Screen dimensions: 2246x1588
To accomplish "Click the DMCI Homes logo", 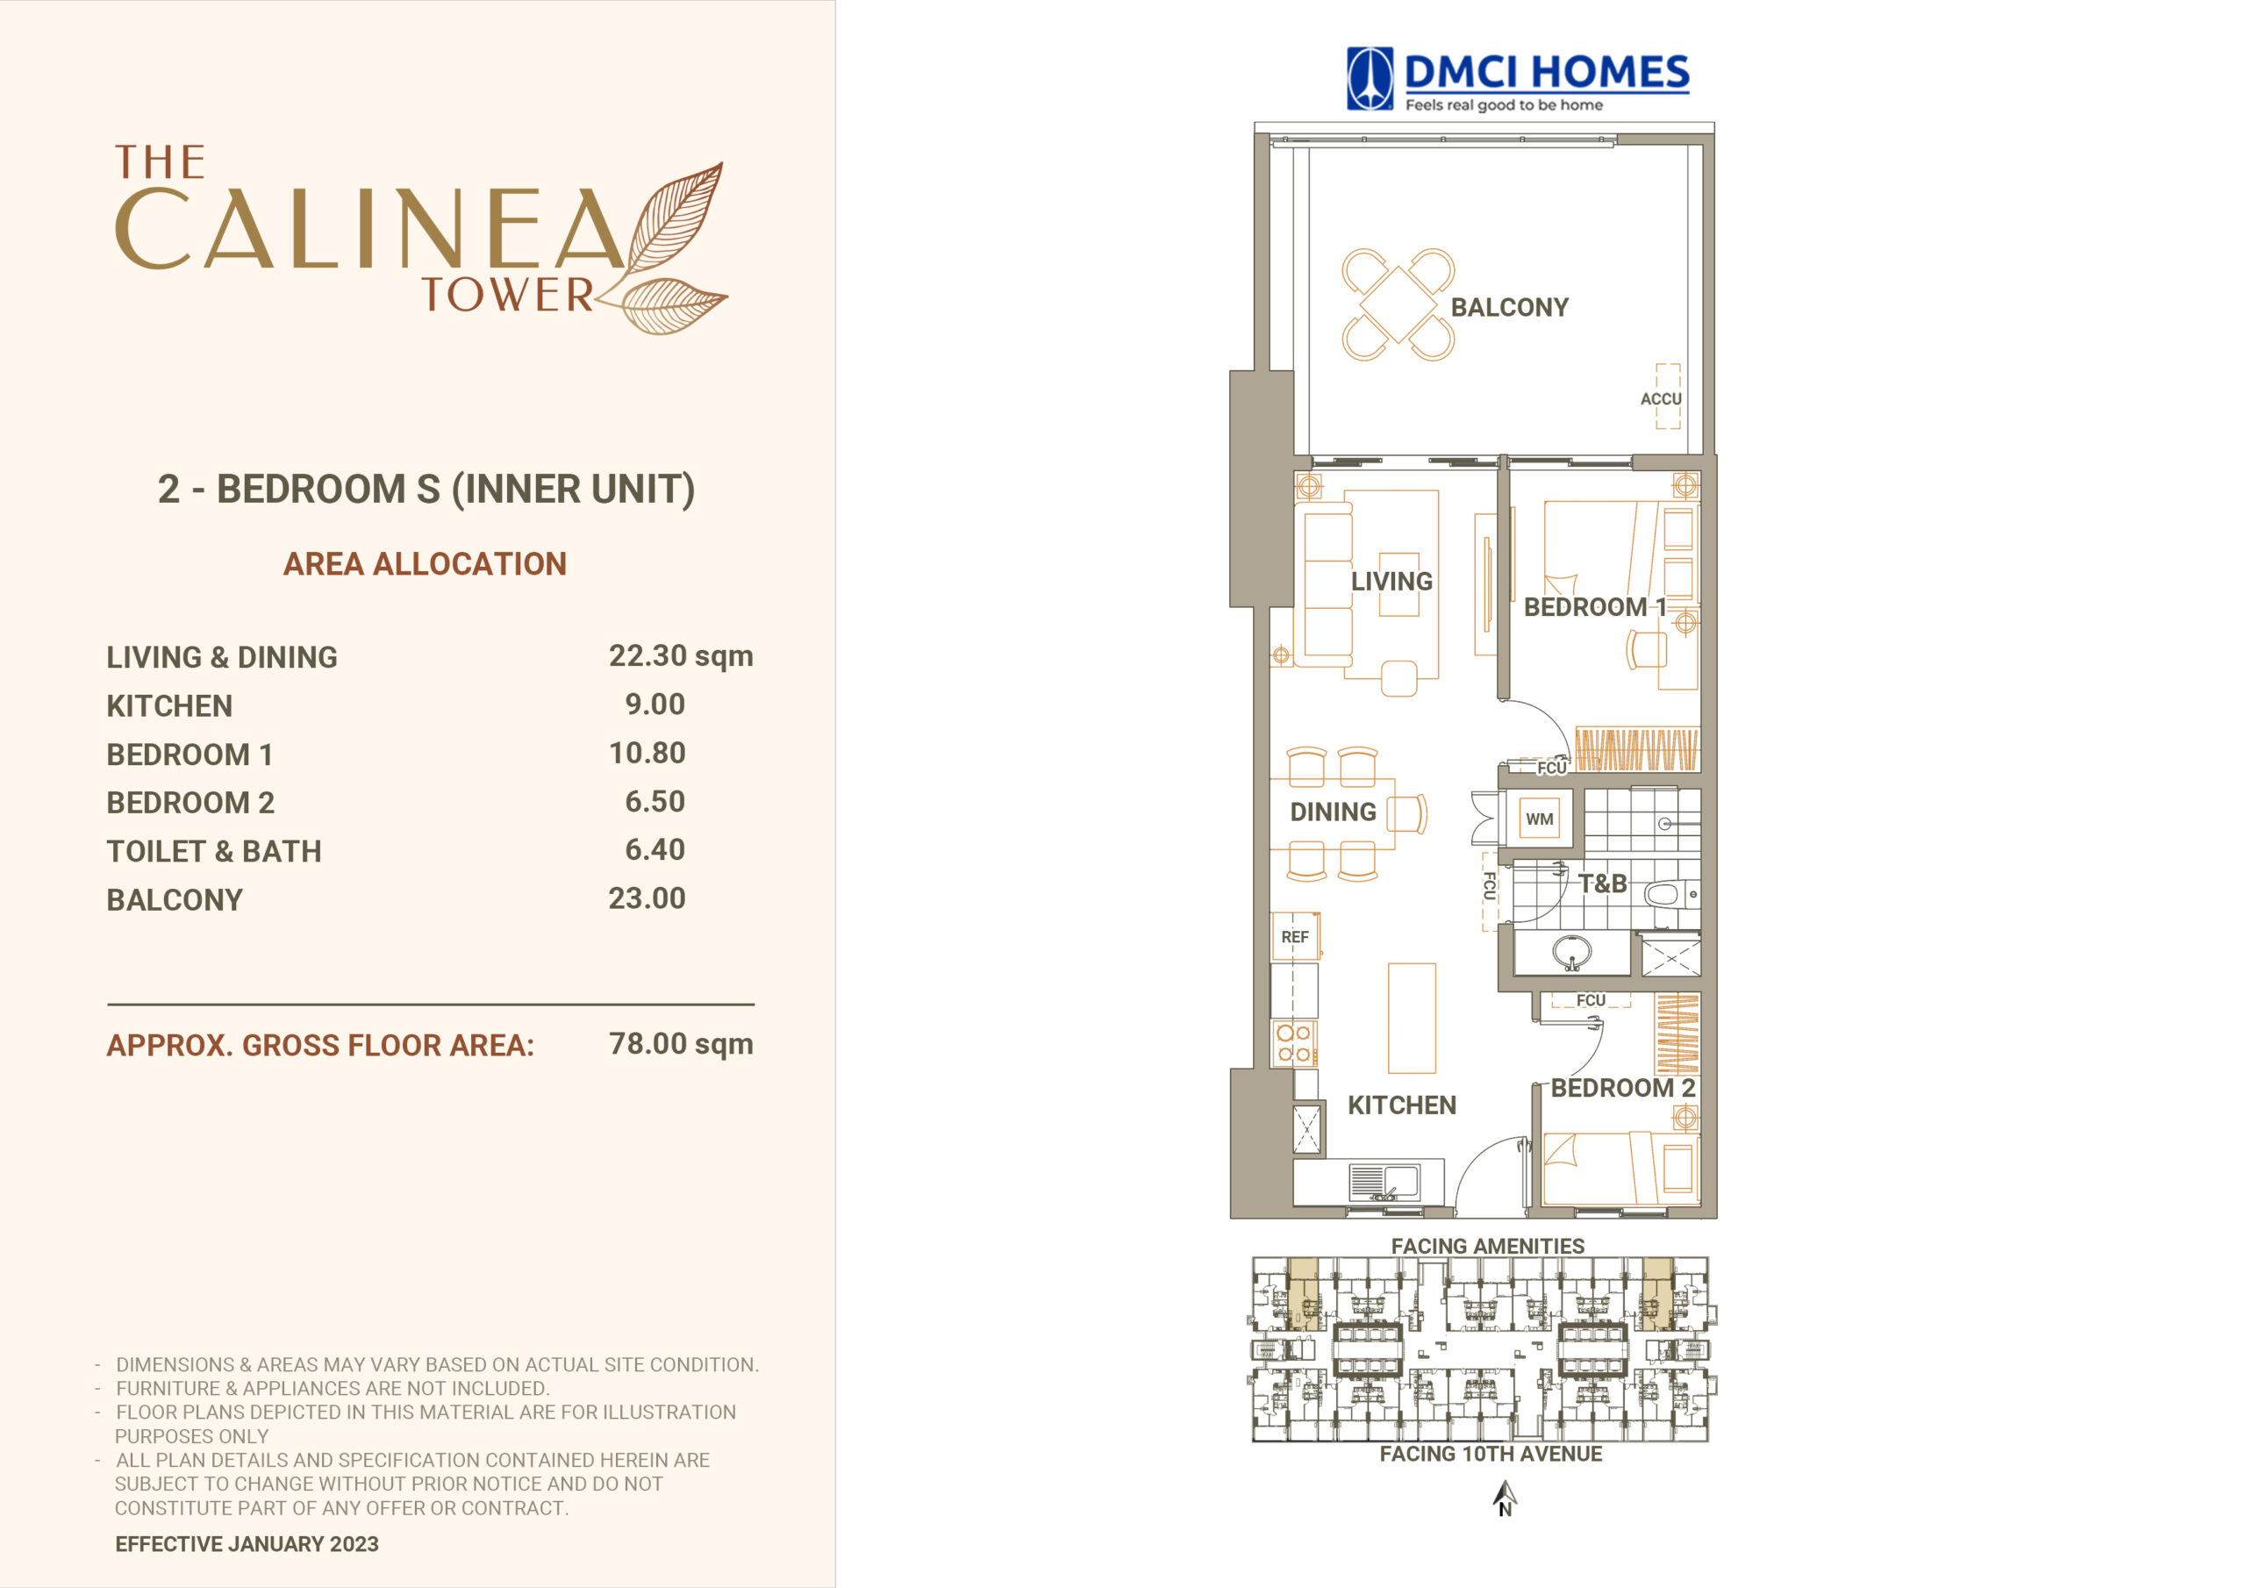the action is (1517, 79).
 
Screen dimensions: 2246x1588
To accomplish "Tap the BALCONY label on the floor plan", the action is (1509, 307).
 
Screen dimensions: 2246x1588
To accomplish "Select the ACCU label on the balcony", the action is (1661, 399).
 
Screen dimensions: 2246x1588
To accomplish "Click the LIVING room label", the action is (1391, 581).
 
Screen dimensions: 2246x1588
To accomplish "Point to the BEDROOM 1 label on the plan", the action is (1594, 606).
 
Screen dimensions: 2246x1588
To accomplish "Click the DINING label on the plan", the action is (1333, 812).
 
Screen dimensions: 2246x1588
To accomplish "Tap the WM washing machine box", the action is (1539, 819).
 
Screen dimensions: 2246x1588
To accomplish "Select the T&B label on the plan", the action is (1602, 883).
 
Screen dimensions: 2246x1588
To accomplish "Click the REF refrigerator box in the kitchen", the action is (1295, 936).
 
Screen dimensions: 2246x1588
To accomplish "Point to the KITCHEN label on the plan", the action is (1402, 1105).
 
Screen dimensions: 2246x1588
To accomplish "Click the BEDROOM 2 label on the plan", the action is (1623, 1088).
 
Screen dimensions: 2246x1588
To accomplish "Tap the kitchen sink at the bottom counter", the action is (1384, 1182).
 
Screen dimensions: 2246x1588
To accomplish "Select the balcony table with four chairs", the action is (1398, 304).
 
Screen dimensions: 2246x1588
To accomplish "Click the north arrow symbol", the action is (1505, 1498).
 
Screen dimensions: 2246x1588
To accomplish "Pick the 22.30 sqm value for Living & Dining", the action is (681, 656).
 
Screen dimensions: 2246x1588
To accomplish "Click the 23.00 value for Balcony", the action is (647, 898).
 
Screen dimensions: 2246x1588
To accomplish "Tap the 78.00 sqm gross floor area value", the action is (681, 1044).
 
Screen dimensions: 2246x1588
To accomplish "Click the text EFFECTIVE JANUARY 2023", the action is (247, 1544).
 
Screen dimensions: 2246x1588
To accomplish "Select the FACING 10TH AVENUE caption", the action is (1491, 1454).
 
